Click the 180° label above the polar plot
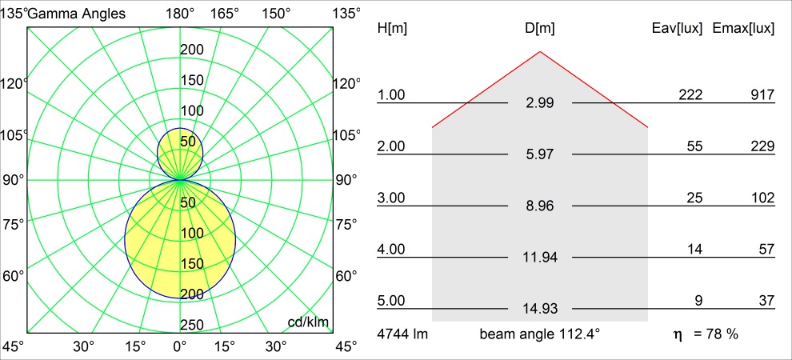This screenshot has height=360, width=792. click(x=180, y=14)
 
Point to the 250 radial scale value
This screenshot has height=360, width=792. click(x=192, y=325)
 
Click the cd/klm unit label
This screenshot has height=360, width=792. click(x=308, y=322)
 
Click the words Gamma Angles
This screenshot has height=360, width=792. click(x=77, y=14)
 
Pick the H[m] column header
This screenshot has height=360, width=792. click(x=393, y=29)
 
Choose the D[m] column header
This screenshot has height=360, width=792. click(x=540, y=29)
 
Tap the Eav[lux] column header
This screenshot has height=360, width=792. click(x=678, y=29)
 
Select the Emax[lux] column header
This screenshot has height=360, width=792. click(x=743, y=29)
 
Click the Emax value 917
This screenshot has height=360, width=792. click(x=762, y=95)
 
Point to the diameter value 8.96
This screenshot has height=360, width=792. click(x=540, y=206)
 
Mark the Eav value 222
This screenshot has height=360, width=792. click(x=690, y=95)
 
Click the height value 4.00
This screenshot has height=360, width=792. click(x=391, y=250)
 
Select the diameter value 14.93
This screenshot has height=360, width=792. click(x=540, y=309)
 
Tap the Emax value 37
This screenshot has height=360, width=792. click(x=766, y=301)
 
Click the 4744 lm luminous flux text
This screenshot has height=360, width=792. click(x=402, y=334)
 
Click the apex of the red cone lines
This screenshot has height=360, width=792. click(x=540, y=51)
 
